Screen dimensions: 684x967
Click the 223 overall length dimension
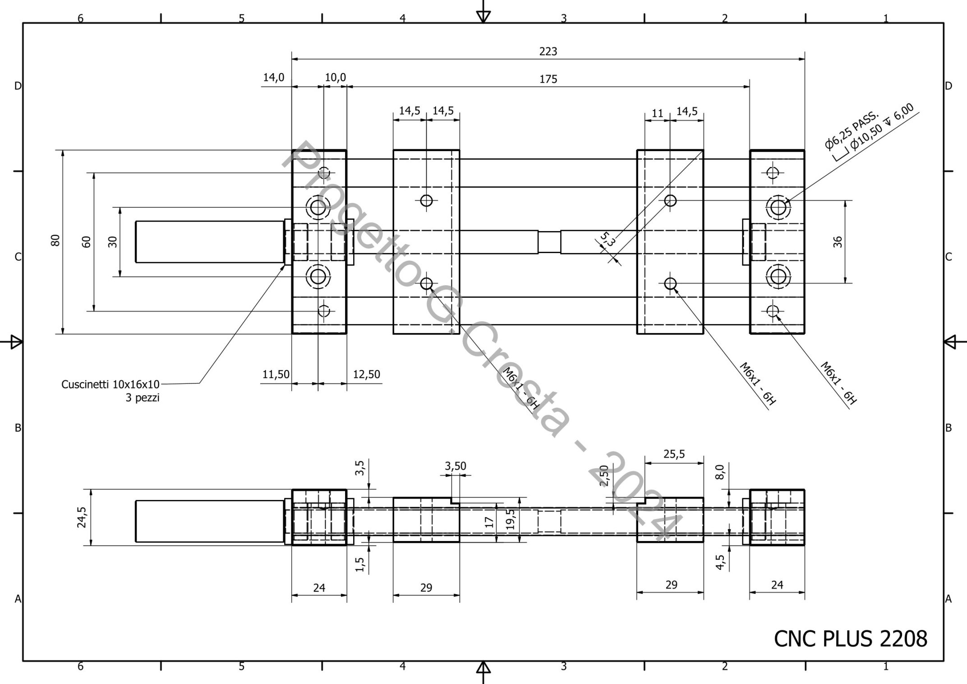pyautogui.click(x=548, y=51)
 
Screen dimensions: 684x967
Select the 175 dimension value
pyautogui.click(x=548, y=79)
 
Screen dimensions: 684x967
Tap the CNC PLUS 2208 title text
pyautogui.click(x=850, y=639)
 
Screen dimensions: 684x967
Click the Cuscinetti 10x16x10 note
pyautogui.click(x=111, y=384)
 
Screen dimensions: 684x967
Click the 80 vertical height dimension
pyautogui.click(x=55, y=240)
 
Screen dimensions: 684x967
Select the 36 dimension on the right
pyautogui.click(x=838, y=242)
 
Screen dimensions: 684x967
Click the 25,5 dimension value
pyautogui.click(x=674, y=454)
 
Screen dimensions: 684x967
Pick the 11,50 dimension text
pyautogui.click(x=276, y=374)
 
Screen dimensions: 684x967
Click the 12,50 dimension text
pyautogui.click(x=366, y=374)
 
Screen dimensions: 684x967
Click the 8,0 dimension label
pyautogui.click(x=720, y=472)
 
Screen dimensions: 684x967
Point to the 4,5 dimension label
pyautogui.click(x=720, y=562)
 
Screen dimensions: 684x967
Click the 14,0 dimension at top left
pyautogui.click(x=274, y=78)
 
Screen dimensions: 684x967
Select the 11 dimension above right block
pyautogui.click(x=658, y=113)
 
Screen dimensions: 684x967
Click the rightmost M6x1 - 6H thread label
pyautogui.click(x=838, y=383)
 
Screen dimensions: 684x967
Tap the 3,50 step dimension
pyautogui.click(x=455, y=466)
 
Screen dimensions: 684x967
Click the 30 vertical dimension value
pyautogui.click(x=113, y=241)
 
